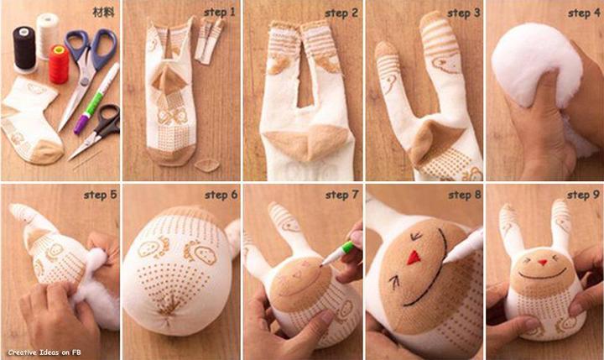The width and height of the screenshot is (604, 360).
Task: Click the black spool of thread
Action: tap(24, 49)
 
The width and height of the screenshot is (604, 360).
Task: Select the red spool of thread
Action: tap(59, 64)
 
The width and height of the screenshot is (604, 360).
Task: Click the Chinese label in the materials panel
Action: tap(104, 12)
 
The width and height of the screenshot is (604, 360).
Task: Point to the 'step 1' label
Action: tap(220, 13)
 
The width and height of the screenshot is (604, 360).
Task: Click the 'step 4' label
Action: tap(584, 13)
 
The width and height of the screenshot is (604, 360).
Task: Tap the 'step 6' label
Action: tap(221, 195)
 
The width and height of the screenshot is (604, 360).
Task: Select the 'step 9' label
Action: tap(584, 195)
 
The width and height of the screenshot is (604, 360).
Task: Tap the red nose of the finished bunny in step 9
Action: tap(543, 263)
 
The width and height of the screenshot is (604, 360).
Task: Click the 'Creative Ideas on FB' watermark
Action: tap(44, 352)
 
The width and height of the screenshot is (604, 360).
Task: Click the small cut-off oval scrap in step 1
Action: tap(207, 166)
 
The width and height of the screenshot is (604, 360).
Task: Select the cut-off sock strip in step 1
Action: tap(208, 41)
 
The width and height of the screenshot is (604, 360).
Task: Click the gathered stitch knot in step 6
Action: tap(169, 310)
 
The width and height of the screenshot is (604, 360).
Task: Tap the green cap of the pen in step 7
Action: tap(348, 247)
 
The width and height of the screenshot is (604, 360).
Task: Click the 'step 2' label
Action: tap(341, 13)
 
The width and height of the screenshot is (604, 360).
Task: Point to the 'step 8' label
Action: tap(465, 195)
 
